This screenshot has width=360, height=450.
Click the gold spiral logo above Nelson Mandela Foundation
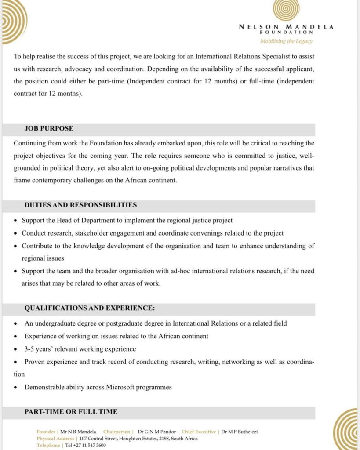(286, 10)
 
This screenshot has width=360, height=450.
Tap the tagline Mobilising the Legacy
(286, 41)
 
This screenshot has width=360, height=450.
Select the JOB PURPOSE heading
(49, 129)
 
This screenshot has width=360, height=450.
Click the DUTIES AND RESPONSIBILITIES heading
(80, 205)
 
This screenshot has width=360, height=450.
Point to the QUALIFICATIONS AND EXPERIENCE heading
(89, 308)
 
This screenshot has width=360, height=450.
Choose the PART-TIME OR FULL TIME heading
(71, 412)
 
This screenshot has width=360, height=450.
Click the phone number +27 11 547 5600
(86, 445)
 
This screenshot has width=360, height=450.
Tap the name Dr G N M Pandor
(156, 432)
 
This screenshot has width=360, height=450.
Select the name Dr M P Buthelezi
(239, 432)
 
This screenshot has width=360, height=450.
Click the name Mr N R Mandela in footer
(78, 432)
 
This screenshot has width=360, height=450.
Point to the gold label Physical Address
(55, 439)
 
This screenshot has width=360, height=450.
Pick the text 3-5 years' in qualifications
(37, 349)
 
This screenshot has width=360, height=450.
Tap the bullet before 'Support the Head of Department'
(16, 221)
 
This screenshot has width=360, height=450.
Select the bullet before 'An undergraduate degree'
(16, 324)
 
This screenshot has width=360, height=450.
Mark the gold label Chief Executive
(199, 432)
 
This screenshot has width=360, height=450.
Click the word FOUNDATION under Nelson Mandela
(286, 32)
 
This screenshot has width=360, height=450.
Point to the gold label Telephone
(48, 445)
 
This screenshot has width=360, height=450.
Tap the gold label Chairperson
(117, 432)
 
